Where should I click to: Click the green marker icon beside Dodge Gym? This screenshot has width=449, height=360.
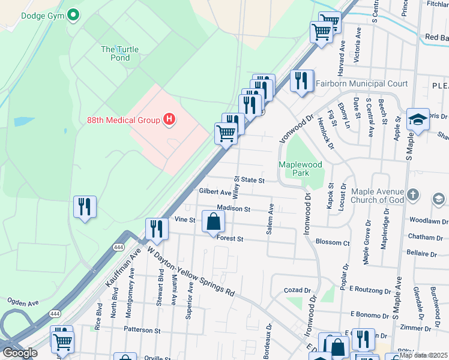coord(73,14)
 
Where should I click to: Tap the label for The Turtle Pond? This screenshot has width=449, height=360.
coord(115,53)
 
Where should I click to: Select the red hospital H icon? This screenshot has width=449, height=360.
coord(169,120)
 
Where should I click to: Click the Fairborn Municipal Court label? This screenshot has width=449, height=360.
coord(361,83)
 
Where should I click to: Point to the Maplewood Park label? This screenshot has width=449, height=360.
coord(300,169)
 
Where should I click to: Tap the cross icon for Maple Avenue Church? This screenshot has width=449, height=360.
coord(412,194)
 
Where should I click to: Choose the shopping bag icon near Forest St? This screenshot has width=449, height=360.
coord(214,222)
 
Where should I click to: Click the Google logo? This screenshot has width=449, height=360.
coord(19,353)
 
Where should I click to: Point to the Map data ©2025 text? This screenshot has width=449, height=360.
coord(423,355)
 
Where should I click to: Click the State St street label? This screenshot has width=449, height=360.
coord(253,179)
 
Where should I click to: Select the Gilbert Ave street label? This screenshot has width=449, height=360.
coord(214,193)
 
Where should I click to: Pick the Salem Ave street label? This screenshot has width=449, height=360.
coord(271,219)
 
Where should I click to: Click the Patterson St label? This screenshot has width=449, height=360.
coord(142,330)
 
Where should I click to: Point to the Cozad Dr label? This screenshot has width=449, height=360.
coord(297,290)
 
